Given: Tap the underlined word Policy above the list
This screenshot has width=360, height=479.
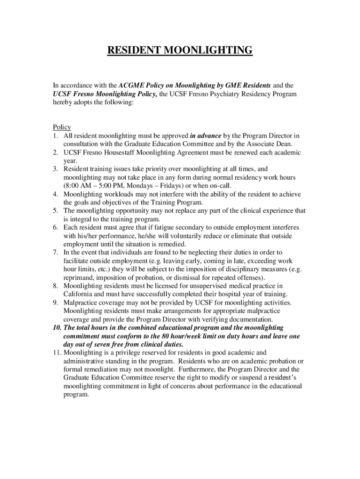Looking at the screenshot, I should click(62, 127).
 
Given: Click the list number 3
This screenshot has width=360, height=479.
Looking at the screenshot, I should click(55, 169).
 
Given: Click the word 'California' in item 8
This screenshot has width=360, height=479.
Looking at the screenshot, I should click(79, 294).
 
